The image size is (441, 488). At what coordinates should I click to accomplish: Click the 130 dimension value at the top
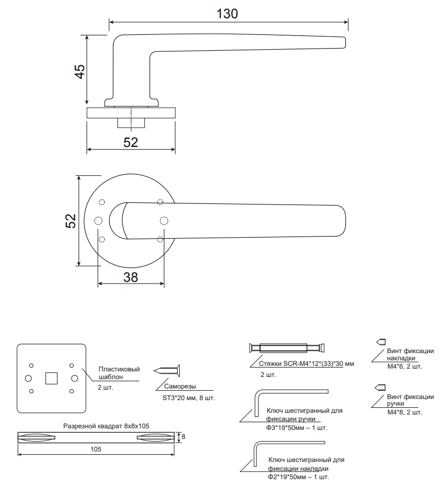[227, 14]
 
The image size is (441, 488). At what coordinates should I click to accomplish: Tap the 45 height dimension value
[80, 72]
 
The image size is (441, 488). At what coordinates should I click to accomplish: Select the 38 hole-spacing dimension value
[131, 277]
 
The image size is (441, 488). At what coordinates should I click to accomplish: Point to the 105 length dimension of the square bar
[96, 449]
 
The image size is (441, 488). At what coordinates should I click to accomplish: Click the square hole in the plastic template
[51, 378]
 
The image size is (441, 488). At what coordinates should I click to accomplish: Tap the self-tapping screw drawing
[167, 371]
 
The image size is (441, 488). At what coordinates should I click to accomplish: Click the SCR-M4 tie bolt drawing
[287, 348]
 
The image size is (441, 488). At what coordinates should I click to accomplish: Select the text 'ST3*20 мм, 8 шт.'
[189, 398]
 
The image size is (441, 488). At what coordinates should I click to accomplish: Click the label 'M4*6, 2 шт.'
[404, 366]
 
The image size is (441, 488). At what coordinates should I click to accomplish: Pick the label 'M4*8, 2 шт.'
[404, 412]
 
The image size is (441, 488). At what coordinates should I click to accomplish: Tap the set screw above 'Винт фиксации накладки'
[381, 342]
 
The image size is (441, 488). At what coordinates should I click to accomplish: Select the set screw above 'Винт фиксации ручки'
[381, 387]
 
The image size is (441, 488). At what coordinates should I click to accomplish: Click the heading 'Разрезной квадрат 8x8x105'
[106, 426]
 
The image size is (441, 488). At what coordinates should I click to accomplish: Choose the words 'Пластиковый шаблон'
[119, 373]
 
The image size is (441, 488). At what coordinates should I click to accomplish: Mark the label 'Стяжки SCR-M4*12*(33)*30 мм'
[307, 364]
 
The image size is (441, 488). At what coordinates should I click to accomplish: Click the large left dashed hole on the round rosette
[98, 221]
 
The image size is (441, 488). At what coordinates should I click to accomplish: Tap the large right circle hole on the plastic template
[75, 378]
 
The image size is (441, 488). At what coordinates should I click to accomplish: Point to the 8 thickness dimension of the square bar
[183, 437]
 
